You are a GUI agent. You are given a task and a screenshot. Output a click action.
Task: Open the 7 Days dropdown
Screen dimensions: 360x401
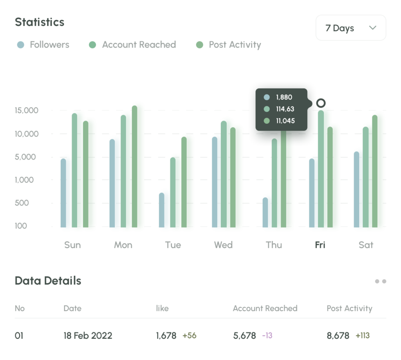(350, 28)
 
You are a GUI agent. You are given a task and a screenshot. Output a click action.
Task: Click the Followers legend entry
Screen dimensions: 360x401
(43, 45)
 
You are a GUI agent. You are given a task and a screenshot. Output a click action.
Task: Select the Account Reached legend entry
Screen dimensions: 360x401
(133, 45)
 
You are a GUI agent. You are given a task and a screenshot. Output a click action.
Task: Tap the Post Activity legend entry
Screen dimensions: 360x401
(229, 45)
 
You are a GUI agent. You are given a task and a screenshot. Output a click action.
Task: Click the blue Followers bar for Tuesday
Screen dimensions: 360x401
(161, 210)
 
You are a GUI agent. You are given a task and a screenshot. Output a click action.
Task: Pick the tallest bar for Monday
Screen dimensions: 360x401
(134, 166)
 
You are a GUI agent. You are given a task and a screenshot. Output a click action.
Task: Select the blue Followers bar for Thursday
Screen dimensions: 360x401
(265, 212)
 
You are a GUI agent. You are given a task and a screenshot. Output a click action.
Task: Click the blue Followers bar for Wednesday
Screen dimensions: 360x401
(215, 182)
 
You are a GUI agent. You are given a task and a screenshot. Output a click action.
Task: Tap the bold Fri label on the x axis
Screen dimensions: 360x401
(320, 245)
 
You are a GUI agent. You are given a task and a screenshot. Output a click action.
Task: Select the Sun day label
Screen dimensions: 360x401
(72, 245)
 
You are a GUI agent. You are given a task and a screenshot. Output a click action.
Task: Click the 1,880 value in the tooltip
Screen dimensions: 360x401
(284, 98)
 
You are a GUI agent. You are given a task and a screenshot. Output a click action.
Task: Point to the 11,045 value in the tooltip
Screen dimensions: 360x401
(285, 121)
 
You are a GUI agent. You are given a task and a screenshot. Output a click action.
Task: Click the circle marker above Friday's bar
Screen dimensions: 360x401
(321, 103)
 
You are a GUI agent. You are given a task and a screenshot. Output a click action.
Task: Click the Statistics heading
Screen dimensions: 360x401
(40, 22)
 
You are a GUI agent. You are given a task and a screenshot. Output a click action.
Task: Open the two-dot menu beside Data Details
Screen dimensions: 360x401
(380, 281)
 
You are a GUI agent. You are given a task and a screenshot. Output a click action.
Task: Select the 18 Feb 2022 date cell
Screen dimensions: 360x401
(88, 336)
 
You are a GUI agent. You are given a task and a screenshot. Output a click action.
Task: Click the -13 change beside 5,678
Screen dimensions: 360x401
(267, 336)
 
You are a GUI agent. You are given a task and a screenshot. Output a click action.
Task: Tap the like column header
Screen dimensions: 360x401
(162, 308)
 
